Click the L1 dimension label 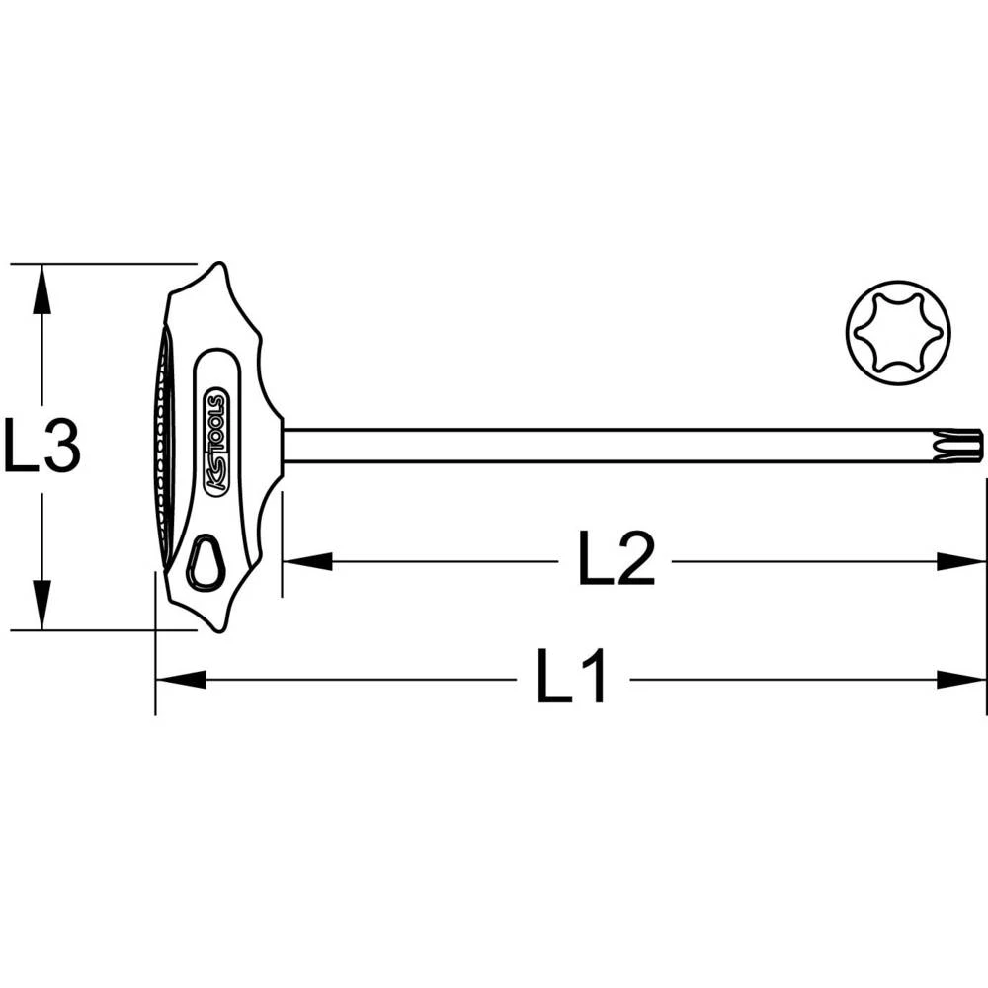pyautogui.click(x=572, y=679)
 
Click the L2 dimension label pyautogui.click(x=617, y=561)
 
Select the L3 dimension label pyautogui.click(x=41, y=447)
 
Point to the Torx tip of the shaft pyautogui.click(x=969, y=446)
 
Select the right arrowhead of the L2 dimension pyautogui.click(x=961, y=561)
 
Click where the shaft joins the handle pyautogui.click(x=284, y=446)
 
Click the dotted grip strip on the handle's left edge pyautogui.click(x=161, y=445)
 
